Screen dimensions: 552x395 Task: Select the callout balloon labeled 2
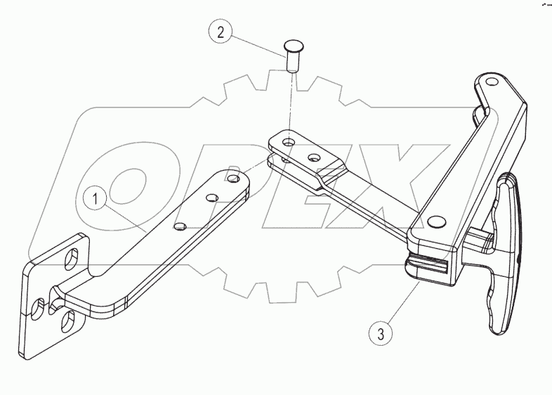click(221, 32)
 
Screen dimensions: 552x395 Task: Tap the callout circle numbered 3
click(380, 332)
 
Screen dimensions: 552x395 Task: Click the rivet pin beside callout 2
click(291, 55)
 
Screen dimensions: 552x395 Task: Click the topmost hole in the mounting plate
click(72, 260)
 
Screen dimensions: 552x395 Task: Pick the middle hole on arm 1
click(209, 200)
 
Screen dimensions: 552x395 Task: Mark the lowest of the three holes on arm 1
click(180, 226)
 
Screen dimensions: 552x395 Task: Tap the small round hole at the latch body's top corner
click(490, 82)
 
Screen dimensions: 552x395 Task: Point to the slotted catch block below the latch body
click(427, 268)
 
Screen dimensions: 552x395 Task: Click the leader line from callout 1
click(126, 214)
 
